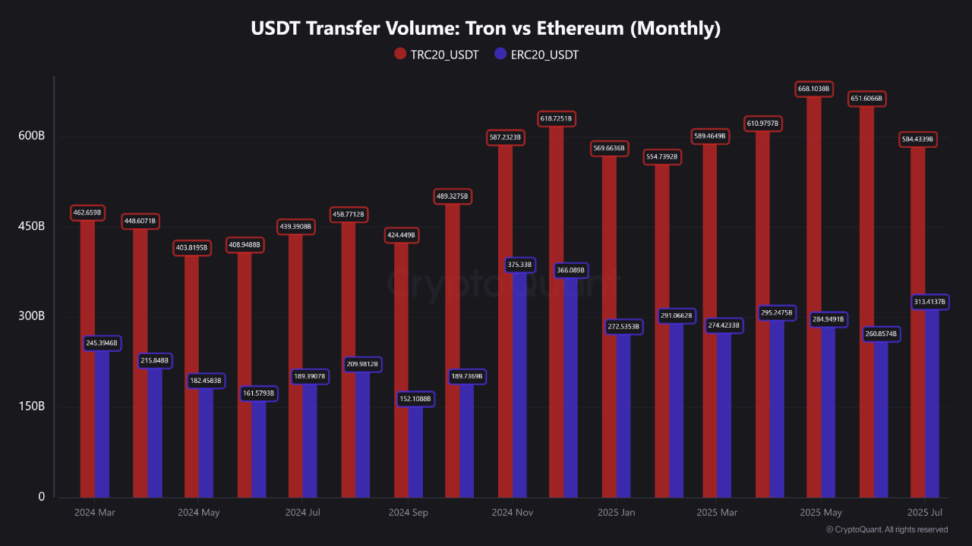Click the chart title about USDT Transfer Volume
tap(485, 29)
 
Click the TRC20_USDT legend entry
tap(436, 54)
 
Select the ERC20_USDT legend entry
tap(536, 54)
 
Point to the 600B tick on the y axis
tap(31, 136)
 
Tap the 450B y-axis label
tap(31, 226)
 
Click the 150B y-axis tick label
tap(31, 406)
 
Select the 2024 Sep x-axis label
tap(408, 513)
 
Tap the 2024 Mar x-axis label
tap(95, 513)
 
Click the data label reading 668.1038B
tap(814, 89)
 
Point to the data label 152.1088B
tap(415, 399)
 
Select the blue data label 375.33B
tap(519, 265)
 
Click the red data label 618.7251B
tap(556, 119)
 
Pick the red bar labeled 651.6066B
tap(866, 303)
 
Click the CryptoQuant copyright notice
tap(886, 529)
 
